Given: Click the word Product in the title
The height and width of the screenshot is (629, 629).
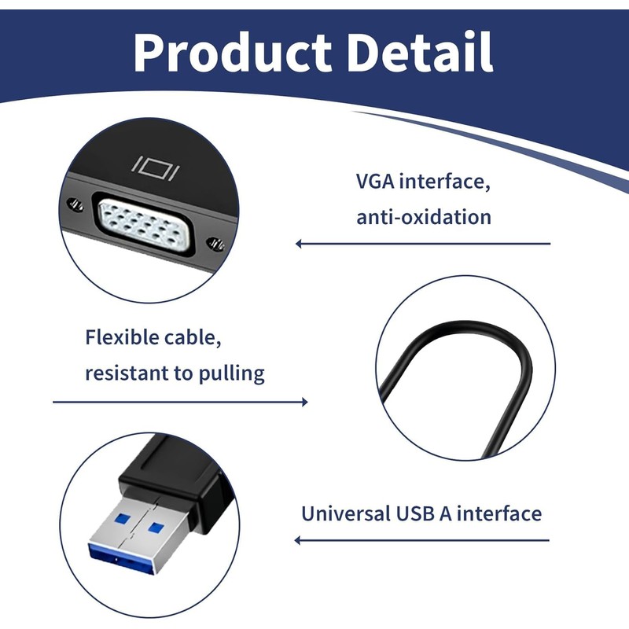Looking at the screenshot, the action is click(x=234, y=53).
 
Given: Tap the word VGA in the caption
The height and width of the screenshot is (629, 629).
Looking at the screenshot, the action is click(x=375, y=183).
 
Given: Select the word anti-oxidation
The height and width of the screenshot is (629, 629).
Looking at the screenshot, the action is click(x=424, y=216).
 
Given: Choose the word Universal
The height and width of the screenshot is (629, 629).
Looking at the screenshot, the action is click(x=344, y=514).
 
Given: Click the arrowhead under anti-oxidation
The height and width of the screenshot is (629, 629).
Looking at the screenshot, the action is click(x=300, y=244).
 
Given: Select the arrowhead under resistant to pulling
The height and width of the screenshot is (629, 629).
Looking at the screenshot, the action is click(x=303, y=403).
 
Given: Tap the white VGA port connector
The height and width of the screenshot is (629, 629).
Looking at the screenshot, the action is click(x=145, y=224).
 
